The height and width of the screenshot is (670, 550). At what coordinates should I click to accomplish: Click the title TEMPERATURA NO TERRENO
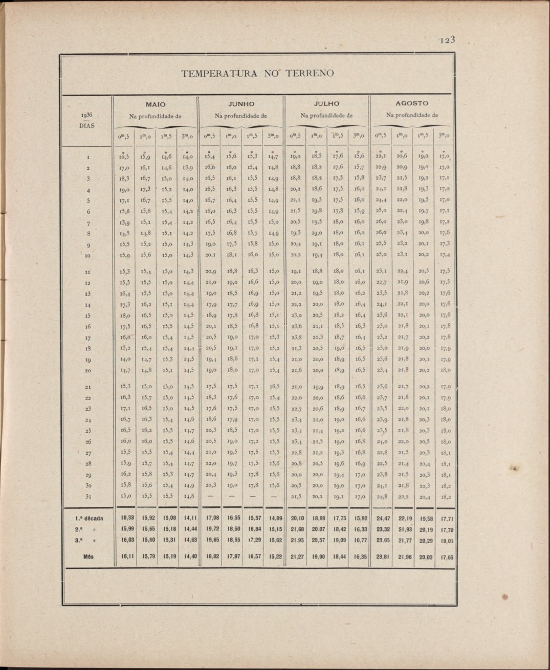[x=257, y=73]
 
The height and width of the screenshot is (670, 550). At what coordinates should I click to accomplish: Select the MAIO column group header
[x=156, y=104]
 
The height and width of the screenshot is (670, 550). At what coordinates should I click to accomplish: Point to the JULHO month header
[x=326, y=104]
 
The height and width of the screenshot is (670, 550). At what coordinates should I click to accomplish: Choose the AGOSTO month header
[x=412, y=103]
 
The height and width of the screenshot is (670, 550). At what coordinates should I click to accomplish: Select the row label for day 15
[x=88, y=315]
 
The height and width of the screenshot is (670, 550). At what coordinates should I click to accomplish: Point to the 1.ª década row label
[x=89, y=518]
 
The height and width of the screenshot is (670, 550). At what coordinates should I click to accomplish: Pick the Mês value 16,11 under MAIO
[x=124, y=556]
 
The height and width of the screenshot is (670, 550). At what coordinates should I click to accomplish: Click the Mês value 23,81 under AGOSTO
[x=383, y=556]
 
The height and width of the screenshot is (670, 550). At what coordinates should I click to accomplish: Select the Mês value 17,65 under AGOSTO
[x=447, y=557]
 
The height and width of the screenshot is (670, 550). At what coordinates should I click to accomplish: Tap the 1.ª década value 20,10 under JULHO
[x=297, y=518]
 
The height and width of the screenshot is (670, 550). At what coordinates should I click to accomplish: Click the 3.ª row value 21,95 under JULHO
[x=297, y=539]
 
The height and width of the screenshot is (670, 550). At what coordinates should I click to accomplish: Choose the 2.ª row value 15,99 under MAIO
[x=124, y=528]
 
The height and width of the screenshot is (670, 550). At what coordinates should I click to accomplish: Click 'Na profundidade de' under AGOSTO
[x=412, y=115]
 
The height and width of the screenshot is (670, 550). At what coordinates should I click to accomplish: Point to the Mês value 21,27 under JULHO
[x=297, y=556]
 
